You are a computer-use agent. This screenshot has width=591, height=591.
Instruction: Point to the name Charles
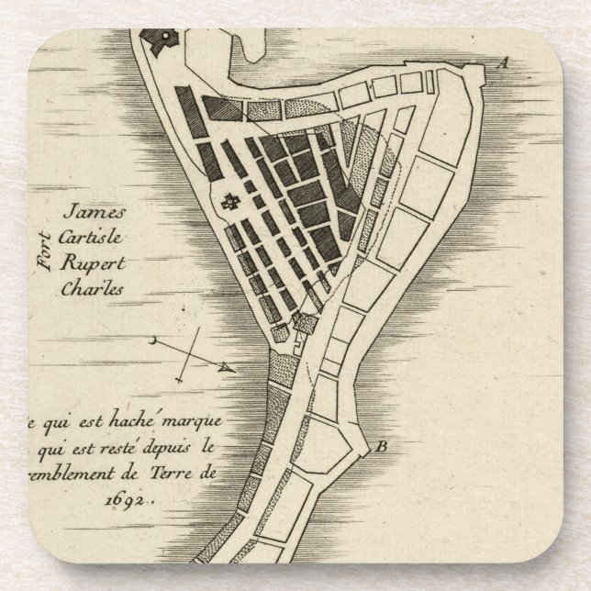click(91, 284)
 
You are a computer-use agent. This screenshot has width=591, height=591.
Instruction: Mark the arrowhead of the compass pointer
click(229, 368)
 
